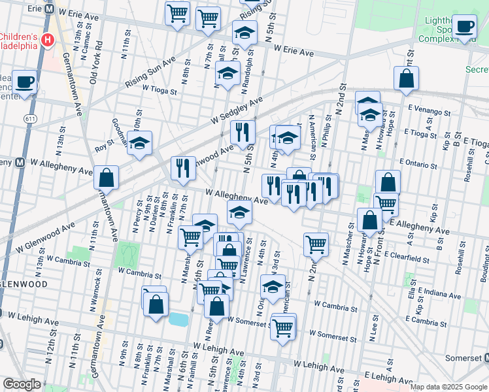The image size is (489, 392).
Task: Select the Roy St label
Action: coord(105,140)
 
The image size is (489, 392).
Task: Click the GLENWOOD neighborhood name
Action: coord(24,285)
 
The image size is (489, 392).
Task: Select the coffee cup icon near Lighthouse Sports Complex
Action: coord(464,27)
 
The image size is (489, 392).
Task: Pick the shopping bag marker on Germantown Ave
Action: coord(106,177)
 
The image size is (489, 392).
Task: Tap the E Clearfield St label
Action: coord(407,256)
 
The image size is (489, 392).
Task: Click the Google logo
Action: coord(22,384)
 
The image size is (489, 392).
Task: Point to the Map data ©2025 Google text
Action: coord(448,387)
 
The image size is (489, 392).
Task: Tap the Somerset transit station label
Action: coord(464,358)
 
